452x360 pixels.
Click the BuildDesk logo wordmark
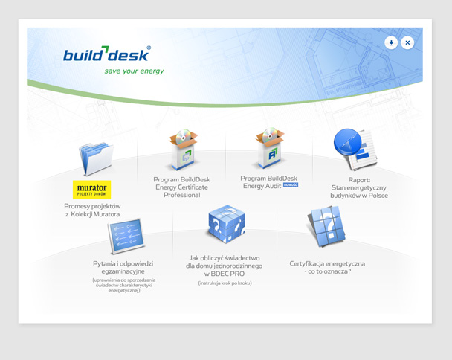[106, 55]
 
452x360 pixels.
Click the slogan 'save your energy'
[134, 71]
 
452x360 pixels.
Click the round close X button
[407, 43]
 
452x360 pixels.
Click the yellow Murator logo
[92, 189]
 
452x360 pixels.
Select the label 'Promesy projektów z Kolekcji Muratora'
[92, 210]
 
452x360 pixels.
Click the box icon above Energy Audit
[268, 148]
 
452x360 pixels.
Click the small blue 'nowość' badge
[290, 185]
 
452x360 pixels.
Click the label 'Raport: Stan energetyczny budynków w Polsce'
[359, 187]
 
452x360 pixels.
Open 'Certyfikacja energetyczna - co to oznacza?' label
[327, 267]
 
